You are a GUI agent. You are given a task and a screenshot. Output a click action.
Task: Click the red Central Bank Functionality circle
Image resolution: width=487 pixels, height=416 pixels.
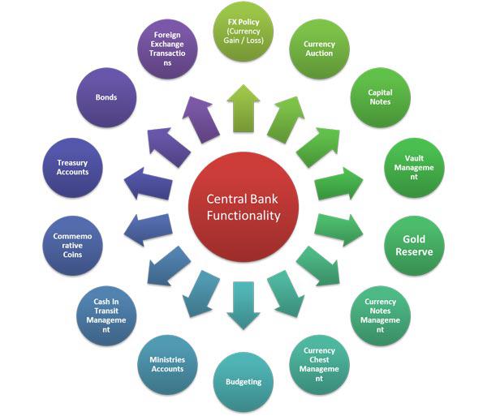(243, 207)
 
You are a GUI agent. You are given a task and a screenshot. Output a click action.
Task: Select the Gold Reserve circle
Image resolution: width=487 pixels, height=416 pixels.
(414, 246)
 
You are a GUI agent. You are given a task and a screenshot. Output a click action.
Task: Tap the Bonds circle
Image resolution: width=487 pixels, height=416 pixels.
(106, 97)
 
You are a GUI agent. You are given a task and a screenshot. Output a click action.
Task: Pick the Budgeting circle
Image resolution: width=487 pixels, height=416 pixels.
(243, 382)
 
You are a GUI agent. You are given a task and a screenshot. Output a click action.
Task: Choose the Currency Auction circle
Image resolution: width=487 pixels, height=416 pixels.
(319, 49)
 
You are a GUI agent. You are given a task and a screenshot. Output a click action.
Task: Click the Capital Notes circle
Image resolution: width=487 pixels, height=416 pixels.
(381, 97)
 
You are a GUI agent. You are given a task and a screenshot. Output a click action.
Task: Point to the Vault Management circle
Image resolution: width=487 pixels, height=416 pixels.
(414, 168)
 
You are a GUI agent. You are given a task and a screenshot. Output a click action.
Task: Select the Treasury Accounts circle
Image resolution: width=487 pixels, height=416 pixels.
(72, 168)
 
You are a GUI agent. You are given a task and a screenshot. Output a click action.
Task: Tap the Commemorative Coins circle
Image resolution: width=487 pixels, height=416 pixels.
(72, 246)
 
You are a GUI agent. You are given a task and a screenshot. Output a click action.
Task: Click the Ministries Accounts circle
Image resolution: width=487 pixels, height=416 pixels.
(167, 364)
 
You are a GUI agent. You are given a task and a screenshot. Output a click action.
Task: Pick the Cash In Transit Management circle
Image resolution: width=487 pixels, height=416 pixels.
(106, 315)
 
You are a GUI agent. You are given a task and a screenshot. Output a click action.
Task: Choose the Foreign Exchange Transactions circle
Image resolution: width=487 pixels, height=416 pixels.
(167, 49)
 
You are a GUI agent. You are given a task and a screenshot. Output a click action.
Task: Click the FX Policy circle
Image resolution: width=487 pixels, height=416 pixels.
(243, 32)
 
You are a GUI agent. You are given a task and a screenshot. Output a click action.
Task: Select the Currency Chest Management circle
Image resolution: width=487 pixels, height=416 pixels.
(319, 364)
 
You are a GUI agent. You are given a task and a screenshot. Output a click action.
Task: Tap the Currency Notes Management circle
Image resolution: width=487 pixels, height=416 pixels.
(381, 315)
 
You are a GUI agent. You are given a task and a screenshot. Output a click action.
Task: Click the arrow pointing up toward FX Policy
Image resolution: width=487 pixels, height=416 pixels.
(243, 109)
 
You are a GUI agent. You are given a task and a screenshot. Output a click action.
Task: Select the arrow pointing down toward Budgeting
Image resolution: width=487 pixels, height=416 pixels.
(243, 306)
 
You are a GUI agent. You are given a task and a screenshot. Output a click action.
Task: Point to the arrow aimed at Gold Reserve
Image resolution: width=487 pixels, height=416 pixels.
(338, 229)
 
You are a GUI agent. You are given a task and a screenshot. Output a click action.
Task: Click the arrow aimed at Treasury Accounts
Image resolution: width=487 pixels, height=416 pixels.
(149, 184)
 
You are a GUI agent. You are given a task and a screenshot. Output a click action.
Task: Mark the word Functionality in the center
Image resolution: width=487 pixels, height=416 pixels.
(243, 215)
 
